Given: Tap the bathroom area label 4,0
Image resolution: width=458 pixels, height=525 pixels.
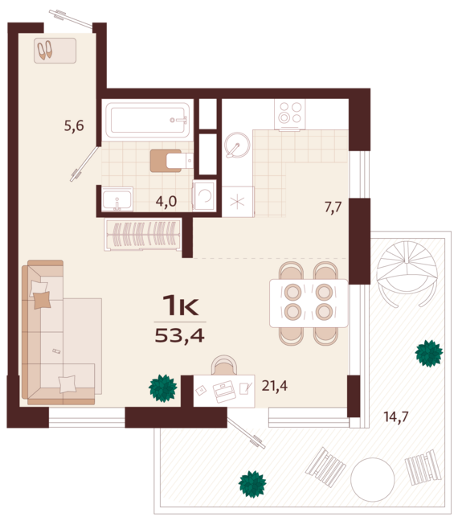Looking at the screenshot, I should click(x=166, y=201).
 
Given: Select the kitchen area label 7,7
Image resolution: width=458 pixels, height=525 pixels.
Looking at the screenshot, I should click(x=333, y=207).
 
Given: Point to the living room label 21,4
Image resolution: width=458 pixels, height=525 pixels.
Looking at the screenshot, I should click(x=274, y=386).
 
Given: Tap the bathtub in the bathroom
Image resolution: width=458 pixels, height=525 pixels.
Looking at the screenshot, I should click(x=149, y=121).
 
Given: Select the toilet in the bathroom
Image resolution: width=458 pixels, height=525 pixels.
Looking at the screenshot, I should click(x=170, y=161).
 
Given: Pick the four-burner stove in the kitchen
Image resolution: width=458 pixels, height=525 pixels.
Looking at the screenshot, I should click(x=289, y=113).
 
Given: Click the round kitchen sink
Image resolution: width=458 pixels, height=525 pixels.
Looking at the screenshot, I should click(x=236, y=146).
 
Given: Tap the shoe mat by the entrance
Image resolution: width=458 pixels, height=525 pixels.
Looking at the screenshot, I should click(x=55, y=51).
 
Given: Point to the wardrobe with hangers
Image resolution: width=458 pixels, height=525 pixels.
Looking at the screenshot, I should click(x=145, y=236).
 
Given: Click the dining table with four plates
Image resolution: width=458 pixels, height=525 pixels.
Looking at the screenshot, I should click(x=309, y=301).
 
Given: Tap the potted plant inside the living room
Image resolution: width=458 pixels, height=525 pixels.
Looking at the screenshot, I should click(x=163, y=388).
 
